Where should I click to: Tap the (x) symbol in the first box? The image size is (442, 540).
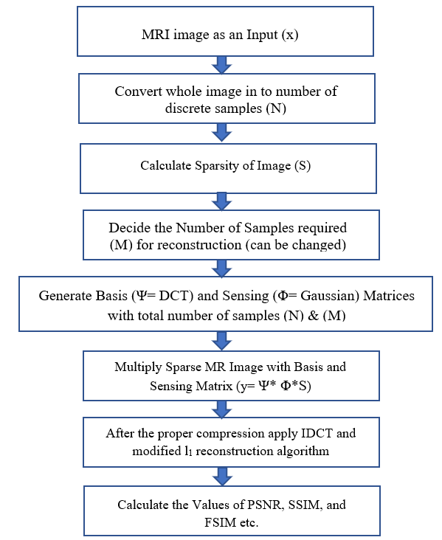coord(290,35)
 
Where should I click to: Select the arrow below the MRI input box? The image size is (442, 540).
coord(221,65)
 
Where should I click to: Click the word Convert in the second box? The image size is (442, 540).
coord(139,91)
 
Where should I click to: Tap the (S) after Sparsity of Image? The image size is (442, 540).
coord(303,166)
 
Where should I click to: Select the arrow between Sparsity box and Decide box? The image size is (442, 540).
coord(221,201)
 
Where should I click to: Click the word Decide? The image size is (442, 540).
coord(130,228)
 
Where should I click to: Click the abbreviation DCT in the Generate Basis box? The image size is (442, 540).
coord(176,296)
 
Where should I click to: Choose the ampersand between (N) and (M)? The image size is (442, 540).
coord(313,316)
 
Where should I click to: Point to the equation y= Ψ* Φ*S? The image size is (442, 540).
coord(274,387)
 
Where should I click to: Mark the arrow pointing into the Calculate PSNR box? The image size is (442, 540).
coord(223,477)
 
